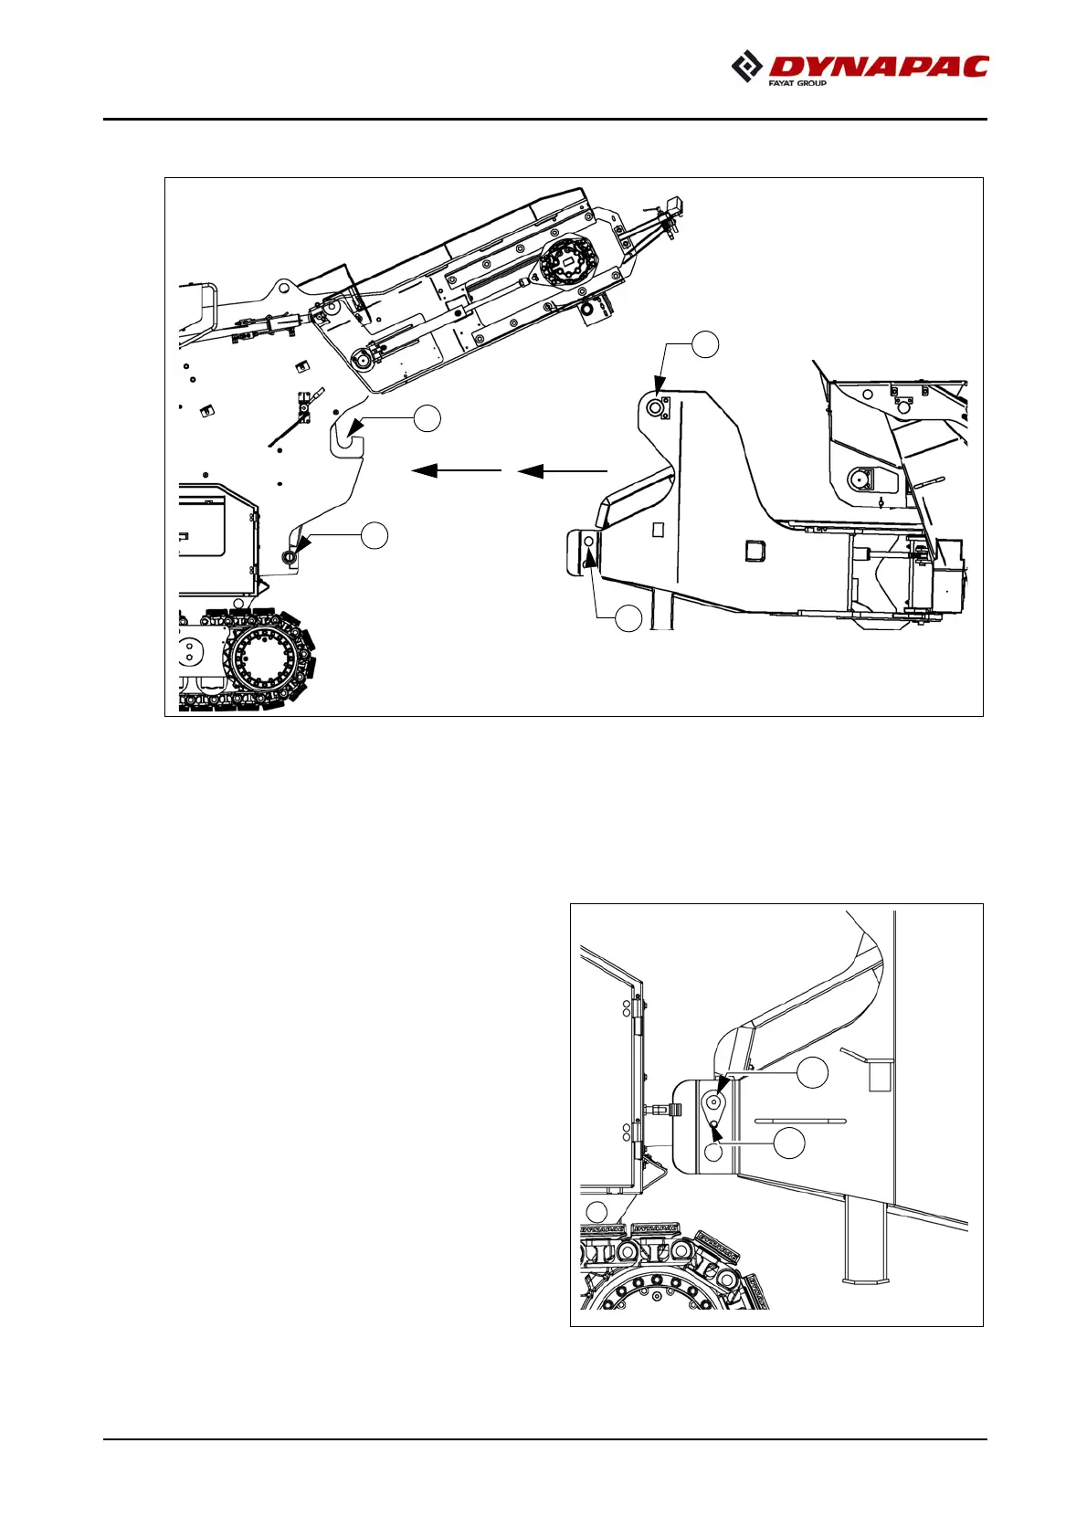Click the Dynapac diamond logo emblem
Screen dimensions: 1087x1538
click(x=747, y=67)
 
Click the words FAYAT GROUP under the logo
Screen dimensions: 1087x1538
click(x=797, y=83)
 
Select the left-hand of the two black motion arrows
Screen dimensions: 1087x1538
click(x=456, y=470)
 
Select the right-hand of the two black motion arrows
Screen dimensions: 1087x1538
click(x=562, y=471)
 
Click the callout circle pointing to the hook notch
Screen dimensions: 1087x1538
click(x=427, y=419)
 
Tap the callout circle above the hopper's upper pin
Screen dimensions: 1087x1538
click(x=704, y=345)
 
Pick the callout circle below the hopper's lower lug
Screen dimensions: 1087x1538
click(x=628, y=619)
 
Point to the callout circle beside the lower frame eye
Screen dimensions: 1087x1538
click(x=375, y=536)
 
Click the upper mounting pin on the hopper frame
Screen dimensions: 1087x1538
click(x=655, y=407)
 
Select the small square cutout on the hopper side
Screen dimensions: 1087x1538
click(x=755, y=551)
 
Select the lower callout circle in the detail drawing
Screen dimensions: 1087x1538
click(x=789, y=1143)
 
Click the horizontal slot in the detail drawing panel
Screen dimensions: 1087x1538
click(x=801, y=1121)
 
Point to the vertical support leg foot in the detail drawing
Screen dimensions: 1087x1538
click(x=860, y=1279)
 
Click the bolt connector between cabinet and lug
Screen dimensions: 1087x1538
click(x=662, y=1110)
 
